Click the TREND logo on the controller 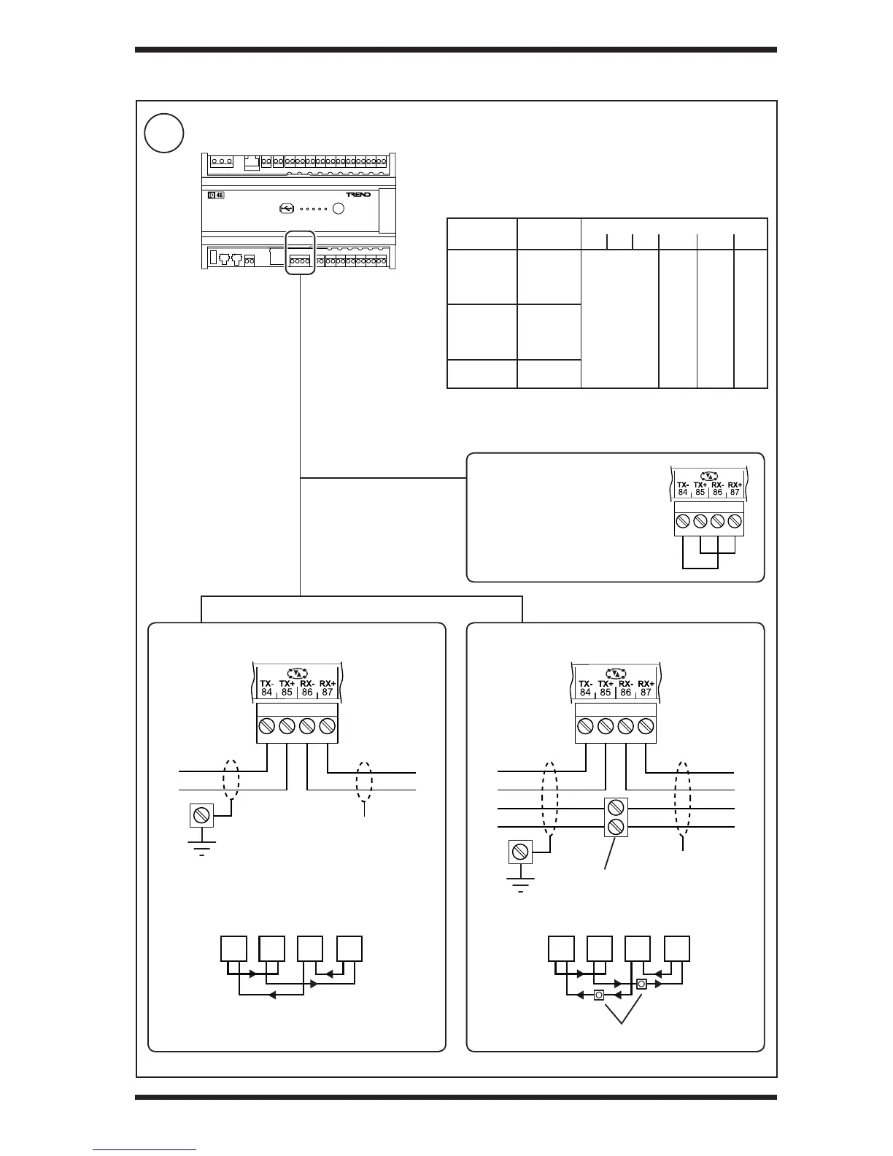point(358,195)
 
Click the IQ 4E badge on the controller point(216,195)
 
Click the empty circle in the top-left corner point(163,133)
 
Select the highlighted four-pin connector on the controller point(300,261)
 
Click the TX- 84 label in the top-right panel point(683,489)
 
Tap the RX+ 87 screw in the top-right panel point(735,521)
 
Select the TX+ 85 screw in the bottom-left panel point(287,726)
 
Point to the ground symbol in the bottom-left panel point(201,847)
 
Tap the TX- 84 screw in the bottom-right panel point(585,726)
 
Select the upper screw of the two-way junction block point(616,807)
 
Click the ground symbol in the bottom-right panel point(520,884)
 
